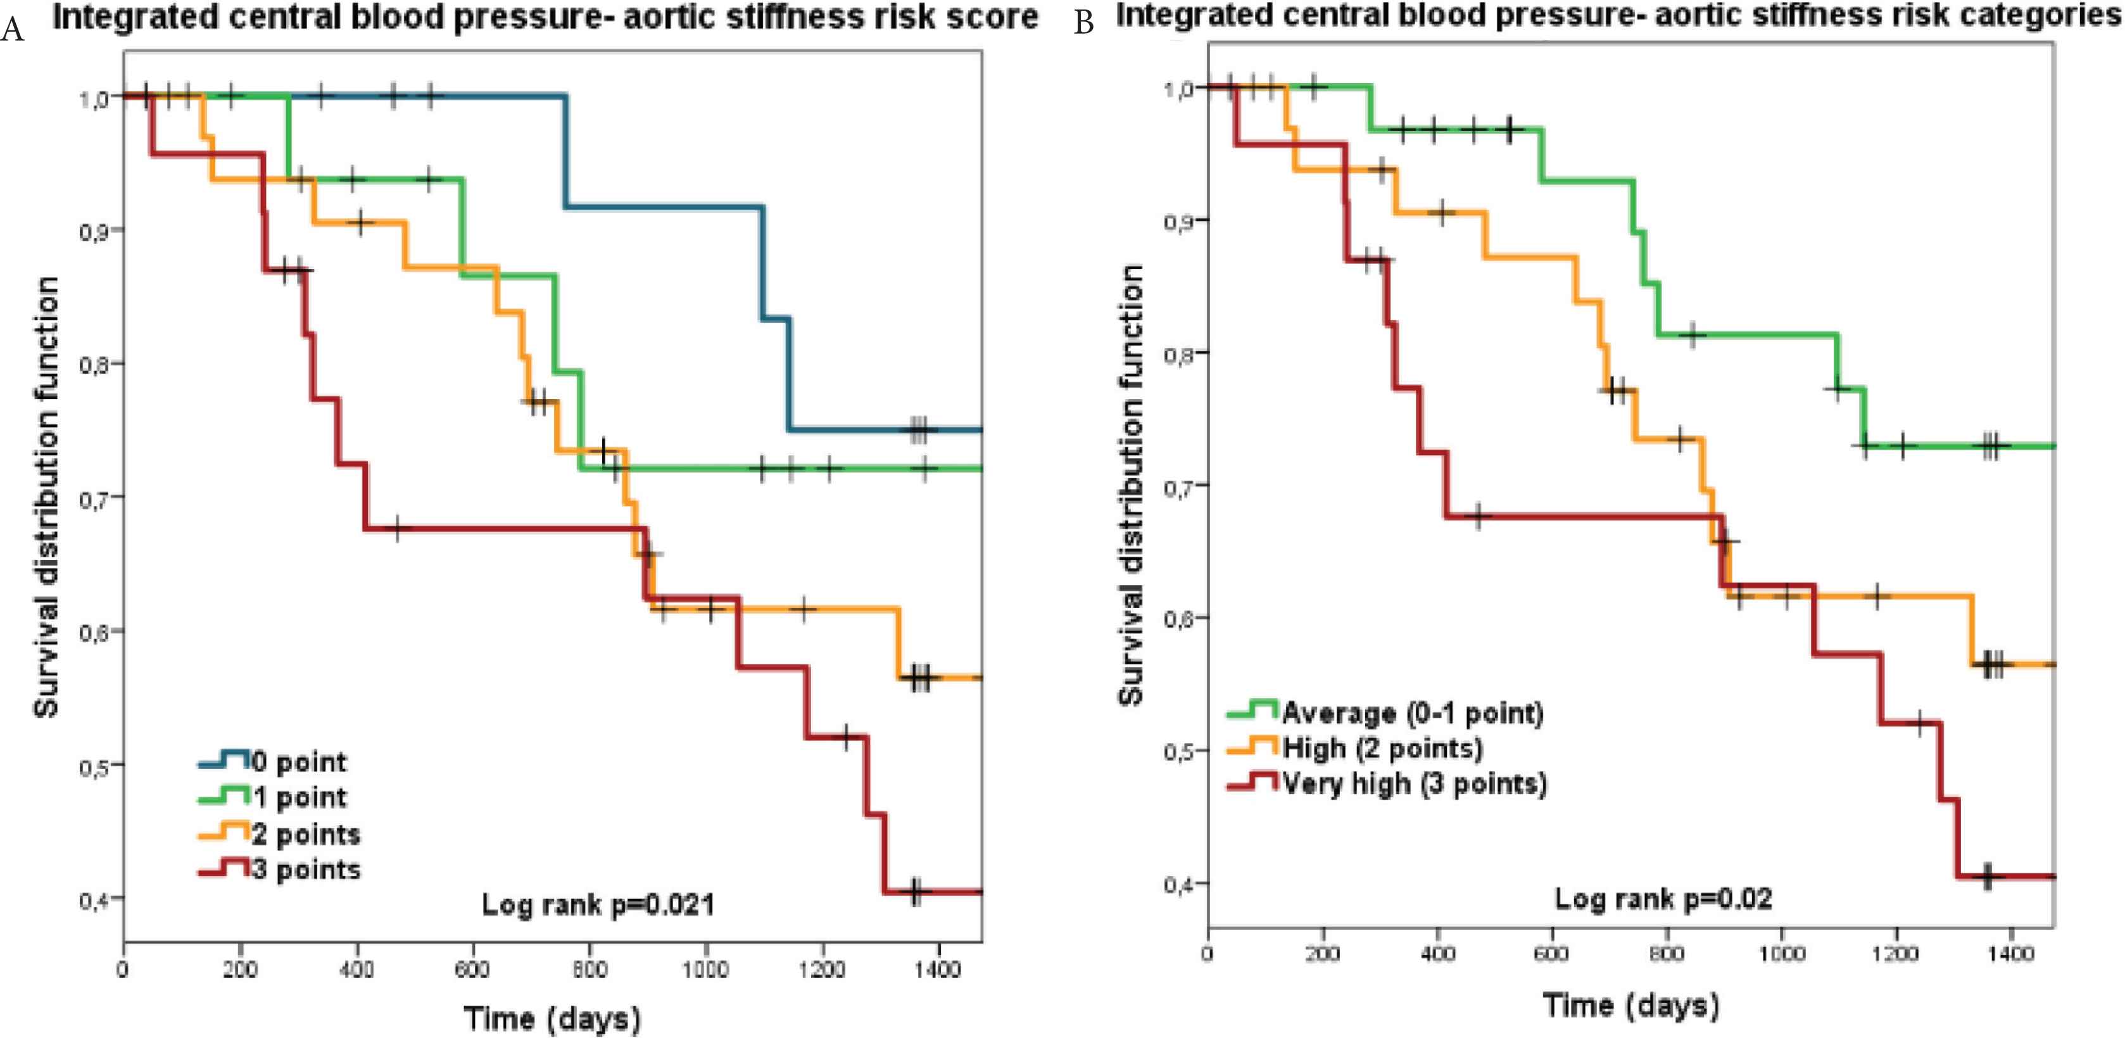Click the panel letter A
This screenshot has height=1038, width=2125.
click(13, 29)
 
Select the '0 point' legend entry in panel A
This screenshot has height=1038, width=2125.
click(273, 761)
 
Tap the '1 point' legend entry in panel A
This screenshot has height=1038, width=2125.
click(273, 797)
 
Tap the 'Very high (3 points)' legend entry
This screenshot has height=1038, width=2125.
click(1387, 782)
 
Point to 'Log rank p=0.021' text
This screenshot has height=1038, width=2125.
click(598, 905)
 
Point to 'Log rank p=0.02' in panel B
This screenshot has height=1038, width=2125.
click(1663, 899)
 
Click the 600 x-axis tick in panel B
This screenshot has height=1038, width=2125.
click(1551, 954)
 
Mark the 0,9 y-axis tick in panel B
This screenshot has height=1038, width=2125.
click(1180, 222)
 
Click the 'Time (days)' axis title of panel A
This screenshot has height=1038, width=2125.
click(552, 1017)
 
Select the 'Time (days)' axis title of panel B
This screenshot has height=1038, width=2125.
click(1631, 1005)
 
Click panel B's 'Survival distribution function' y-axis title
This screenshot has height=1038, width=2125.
click(1131, 485)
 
